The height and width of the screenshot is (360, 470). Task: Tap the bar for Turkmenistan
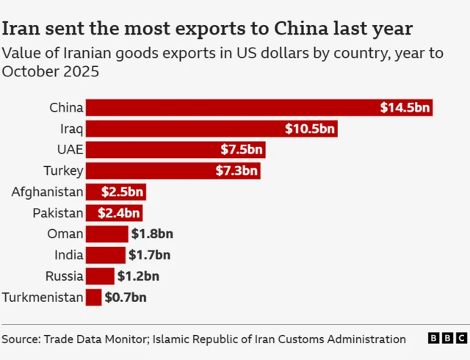point(93,298)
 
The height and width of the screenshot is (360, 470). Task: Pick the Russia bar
point(100,276)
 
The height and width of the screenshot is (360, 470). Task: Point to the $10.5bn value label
point(310,129)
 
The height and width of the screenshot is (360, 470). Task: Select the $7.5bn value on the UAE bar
point(241,150)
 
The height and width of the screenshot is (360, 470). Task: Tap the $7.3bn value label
point(236,171)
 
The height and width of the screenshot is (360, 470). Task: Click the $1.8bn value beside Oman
point(152,234)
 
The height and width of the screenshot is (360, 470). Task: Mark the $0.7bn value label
point(126,298)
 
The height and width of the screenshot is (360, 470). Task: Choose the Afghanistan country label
point(47,192)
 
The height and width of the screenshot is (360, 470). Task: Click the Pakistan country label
point(57,213)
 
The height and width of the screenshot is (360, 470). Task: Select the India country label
point(69,256)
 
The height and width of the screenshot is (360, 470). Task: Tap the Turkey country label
point(64,171)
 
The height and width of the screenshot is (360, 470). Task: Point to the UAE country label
point(70,150)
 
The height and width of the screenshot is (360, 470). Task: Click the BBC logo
point(446,339)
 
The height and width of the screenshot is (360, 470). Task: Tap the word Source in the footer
point(20,339)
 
